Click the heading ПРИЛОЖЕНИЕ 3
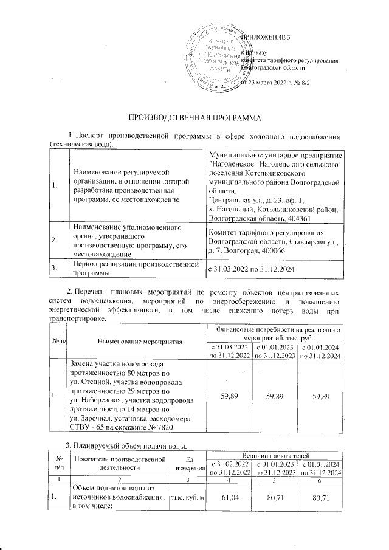point(266,38)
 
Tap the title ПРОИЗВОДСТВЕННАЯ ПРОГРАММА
point(194,117)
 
